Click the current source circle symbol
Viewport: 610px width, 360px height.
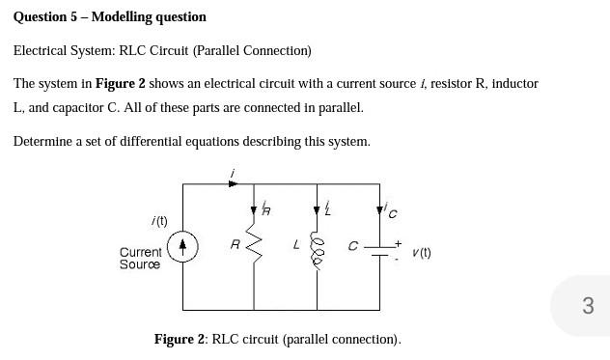[183, 248]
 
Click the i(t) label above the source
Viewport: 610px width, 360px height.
[159, 221]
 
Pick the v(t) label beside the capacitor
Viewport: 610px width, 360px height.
[421, 253]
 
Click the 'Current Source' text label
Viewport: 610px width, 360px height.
[140, 258]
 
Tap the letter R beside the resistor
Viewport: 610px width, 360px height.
[235, 245]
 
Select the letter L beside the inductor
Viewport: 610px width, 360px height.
[296, 245]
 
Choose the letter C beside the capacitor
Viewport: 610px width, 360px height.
[353, 246]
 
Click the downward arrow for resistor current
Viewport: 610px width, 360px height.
[255, 209]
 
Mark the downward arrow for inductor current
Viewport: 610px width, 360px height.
[316, 209]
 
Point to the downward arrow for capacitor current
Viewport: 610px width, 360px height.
[382, 209]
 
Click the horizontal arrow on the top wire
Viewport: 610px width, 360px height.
[232, 182]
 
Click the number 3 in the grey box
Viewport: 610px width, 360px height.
[588, 306]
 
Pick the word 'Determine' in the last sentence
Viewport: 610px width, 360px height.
[42, 141]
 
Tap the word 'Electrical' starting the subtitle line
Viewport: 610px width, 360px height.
[40, 50]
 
